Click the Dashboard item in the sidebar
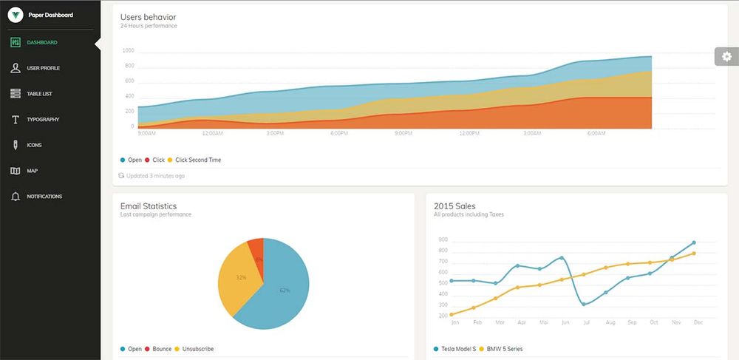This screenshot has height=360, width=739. tap(41, 43)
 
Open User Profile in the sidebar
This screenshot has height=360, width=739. tap(43, 68)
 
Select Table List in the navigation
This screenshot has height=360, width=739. tap(39, 94)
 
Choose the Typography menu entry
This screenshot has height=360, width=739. tap(42, 120)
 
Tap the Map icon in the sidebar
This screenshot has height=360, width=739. tap(15, 171)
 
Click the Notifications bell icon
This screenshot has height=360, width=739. tap(15, 197)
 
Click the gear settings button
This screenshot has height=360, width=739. tap(726, 56)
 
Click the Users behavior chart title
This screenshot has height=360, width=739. tap(148, 17)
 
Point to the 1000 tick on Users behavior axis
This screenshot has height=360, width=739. tap(128, 51)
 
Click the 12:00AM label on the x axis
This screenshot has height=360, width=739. tap(212, 134)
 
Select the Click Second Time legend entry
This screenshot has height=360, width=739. tap(197, 160)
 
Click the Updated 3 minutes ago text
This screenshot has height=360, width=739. tap(155, 176)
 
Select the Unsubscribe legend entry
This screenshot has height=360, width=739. tap(197, 349)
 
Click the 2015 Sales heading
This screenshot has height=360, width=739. tap(454, 206)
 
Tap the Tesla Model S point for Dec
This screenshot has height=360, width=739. tap(693, 242)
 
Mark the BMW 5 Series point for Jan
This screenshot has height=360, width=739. tap(452, 315)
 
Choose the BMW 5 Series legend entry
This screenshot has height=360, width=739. tap(504, 349)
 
